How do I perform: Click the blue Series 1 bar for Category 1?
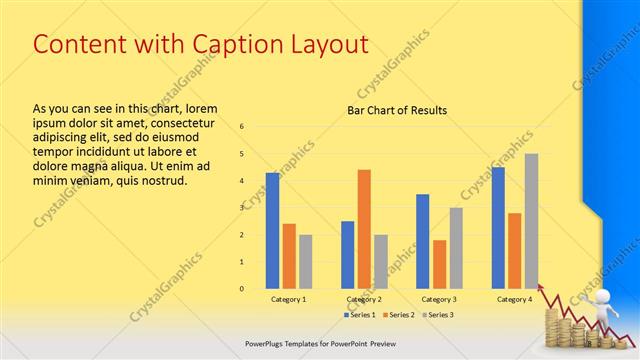click(272, 231)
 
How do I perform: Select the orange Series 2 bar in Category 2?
click(364, 229)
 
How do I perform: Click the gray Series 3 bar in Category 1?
click(305, 262)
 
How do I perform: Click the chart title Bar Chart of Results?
click(397, 110)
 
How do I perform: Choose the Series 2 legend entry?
click(398, 315)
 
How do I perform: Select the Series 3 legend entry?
click(436, 315)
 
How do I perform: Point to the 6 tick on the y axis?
click(242, 127)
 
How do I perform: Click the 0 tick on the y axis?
click(242, 289)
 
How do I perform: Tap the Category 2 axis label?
click(364, 299)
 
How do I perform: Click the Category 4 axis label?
click(514, 299)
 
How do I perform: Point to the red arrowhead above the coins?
click(544, 288)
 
